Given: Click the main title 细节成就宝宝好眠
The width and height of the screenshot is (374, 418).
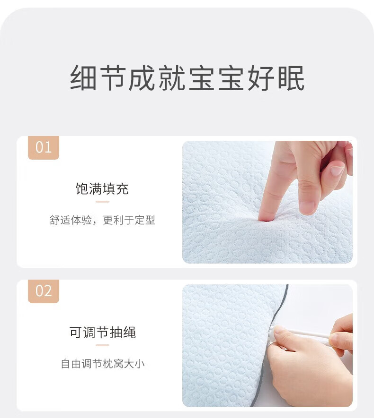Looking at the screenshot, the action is [187, 78].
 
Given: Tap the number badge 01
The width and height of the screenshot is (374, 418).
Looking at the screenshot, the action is [44, 148].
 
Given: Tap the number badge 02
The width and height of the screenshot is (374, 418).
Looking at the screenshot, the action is [44, 291].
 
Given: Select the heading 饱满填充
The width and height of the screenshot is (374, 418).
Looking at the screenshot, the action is [102, 189].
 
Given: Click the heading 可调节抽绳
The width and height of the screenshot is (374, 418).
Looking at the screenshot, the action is [103, 332].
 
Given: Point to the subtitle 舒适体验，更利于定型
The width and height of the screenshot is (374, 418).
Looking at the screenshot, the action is [102, 220].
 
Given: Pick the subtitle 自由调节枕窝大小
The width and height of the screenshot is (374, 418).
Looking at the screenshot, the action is [103, 364].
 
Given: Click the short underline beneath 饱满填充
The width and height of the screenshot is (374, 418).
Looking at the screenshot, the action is [103, 202].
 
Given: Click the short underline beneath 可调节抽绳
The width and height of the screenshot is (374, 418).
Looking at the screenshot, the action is [103, 345].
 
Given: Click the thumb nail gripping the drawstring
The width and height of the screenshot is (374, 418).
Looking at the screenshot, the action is [278, 330].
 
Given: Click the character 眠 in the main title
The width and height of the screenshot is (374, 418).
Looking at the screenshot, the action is [291, 78].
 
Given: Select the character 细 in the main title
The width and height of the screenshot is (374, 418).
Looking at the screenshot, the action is [83, 78].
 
